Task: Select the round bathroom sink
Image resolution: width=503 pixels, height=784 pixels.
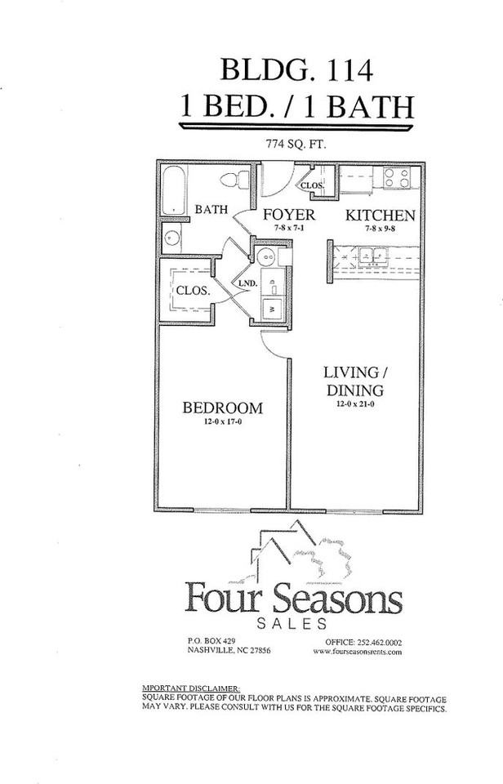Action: (171, 238)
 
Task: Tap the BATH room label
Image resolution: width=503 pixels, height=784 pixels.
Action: (211, 210)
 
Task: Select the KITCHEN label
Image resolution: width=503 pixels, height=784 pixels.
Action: (380, 216)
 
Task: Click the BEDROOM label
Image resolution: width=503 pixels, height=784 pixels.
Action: (222, 408)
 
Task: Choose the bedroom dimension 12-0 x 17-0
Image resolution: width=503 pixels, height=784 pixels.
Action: (222, 422)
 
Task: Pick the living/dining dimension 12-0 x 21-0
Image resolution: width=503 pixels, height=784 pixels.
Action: (355, 403)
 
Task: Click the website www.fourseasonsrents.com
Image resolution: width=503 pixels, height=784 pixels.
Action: (357, 651)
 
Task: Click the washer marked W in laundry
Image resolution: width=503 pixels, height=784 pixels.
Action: (270, 309)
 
